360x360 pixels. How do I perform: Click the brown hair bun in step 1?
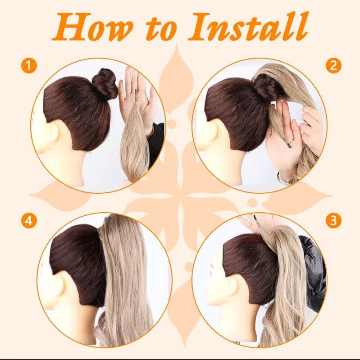(105, 84)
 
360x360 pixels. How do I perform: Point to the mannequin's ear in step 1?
(55, 135)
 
